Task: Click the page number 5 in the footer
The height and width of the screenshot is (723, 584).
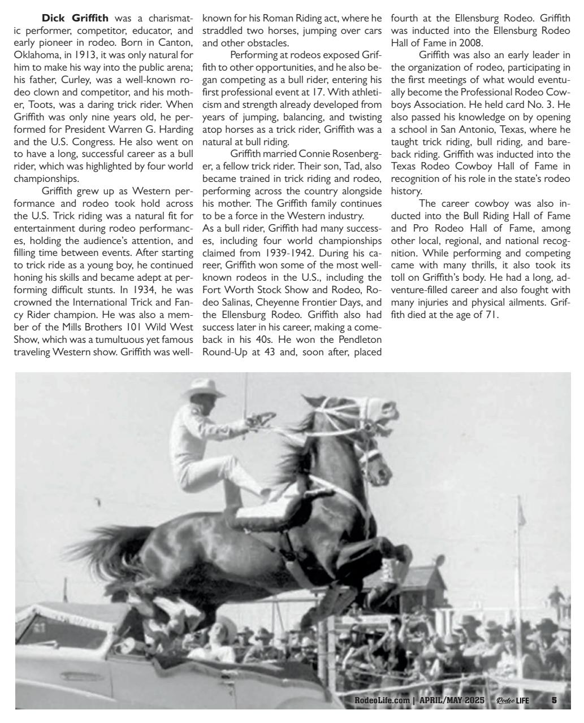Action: click(x=554, y=700)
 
